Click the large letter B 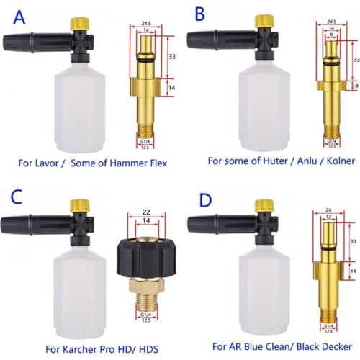tap(199, 14)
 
